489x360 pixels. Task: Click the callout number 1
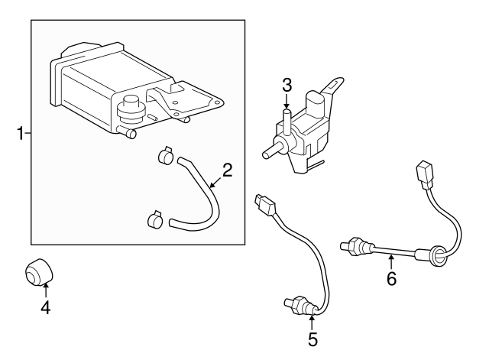click(x=21, y=133)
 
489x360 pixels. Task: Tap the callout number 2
click(x=228, y=170)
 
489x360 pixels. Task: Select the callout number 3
click(x=287, y=85)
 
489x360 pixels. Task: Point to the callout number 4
click(x=46, y=307)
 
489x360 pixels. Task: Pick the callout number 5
click(x=313, y=339)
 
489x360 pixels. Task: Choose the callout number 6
click(x=391, y=278)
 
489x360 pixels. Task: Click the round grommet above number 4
click(x=39, y=271)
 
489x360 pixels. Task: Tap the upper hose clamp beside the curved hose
click(x=165, y=155)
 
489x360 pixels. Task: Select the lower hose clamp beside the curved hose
click(x=155, y=220)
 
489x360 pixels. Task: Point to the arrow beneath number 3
click(x=287, y=101)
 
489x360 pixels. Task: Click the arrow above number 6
click(x=391, y=261)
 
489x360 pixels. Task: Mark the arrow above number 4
click(x=46, y=290)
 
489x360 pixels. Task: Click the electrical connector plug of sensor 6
click(x=425, y=175)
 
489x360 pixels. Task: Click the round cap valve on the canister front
click(x=131, y=109)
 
